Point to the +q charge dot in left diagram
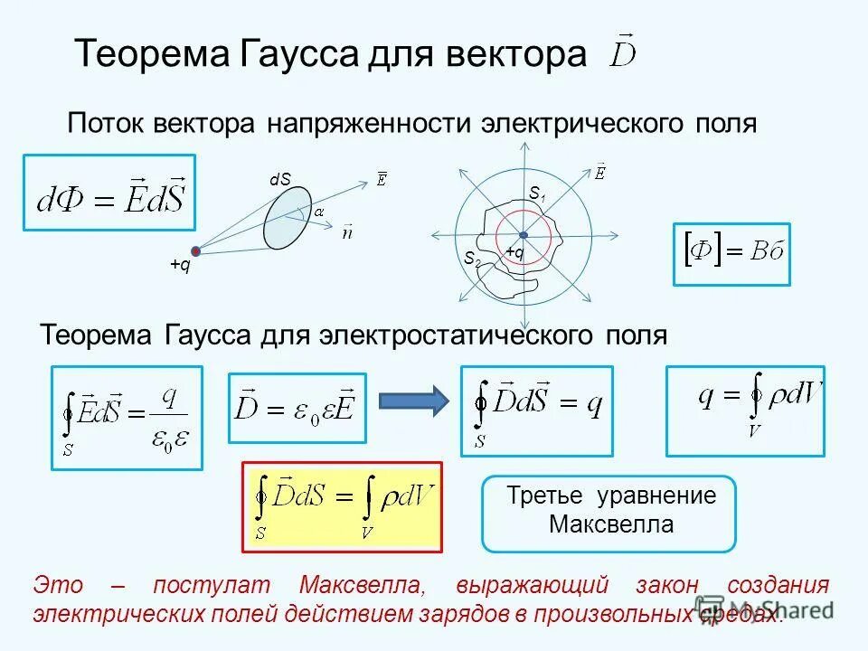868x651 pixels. tap(195, 250)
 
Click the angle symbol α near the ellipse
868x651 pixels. tap(318, 211)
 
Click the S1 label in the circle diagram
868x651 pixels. tap(536, 193)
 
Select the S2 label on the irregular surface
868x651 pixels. tap(471, 258)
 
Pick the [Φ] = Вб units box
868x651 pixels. tap(731, 254)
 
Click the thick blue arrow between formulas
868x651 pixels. tap(412, 399)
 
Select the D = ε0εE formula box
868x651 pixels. tap(297, 408)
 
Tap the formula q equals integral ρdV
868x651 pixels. tap(745, 410)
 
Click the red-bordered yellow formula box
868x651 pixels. tap(342, 506)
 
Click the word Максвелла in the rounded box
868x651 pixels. tap(610, 524)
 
